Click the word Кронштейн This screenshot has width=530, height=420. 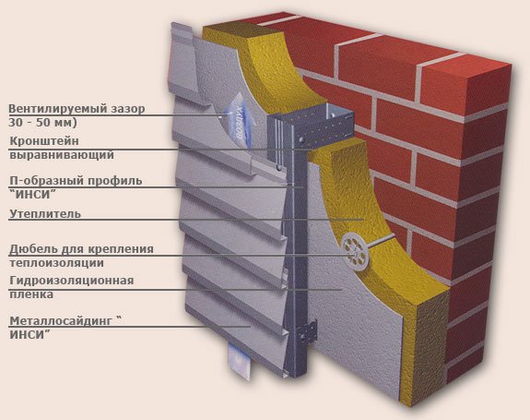(44, 141)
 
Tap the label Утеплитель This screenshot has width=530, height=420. (45, 214)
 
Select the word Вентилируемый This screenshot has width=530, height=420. (57, 109)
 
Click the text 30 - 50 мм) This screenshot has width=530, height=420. (43, 122)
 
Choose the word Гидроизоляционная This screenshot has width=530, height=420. (72, 281)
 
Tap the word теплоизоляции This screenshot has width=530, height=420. (56, 263)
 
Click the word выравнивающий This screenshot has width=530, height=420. (62, 155)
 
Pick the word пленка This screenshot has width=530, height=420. (31, 294)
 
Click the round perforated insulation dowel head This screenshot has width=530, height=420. (355, 250)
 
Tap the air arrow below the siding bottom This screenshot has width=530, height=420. (239, 360)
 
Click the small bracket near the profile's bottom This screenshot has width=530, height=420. (307, 332)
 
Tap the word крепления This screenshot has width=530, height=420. (121, 249)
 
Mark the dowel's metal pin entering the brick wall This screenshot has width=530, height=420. (381, 244)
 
